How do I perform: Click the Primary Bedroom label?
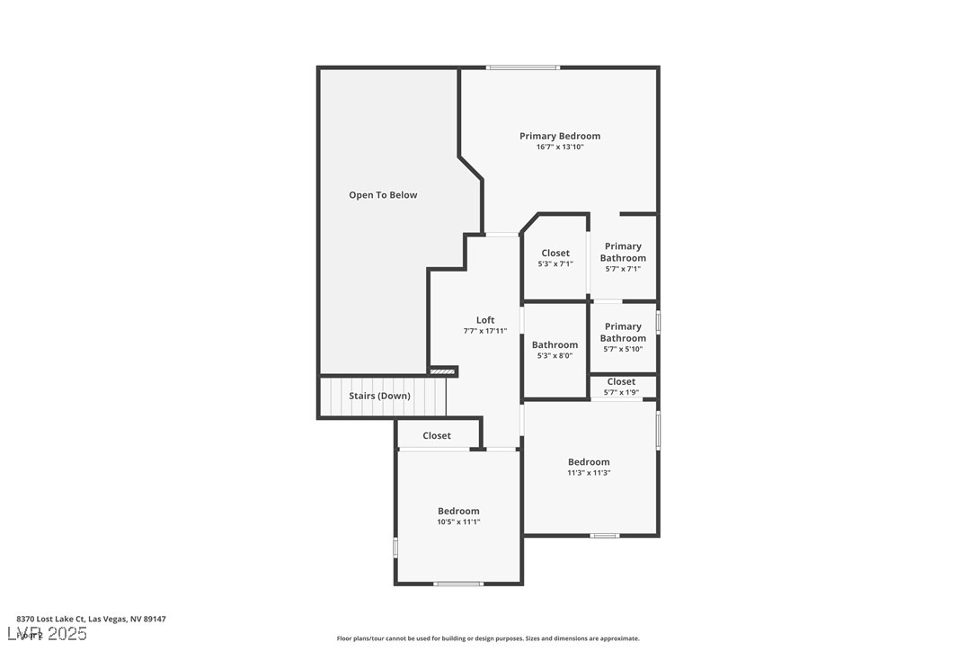[560, 136]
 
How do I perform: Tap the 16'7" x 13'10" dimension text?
[560, 147]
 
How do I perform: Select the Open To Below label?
[383, 195]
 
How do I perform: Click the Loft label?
[485, 320]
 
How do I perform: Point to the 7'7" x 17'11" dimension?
[485, 331]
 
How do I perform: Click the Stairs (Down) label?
[380, 396]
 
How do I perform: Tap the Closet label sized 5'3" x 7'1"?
[555, 254]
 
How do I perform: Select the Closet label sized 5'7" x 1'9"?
[621, 382]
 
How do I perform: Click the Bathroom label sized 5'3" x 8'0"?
[555, 344]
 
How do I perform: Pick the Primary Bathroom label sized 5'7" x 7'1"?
[623, 252]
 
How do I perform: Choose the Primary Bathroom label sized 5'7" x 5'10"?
[623, 333]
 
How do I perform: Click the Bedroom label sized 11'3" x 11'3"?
[589, 462]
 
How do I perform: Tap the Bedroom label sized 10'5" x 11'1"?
[458, 511]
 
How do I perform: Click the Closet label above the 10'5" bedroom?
[437, 436]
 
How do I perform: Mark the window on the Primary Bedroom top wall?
[523, 67]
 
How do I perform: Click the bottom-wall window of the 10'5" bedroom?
[458, 584]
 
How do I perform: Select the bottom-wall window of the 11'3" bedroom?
[605, 536]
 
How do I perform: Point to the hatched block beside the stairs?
[442, 371]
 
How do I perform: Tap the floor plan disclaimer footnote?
[488, 638]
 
